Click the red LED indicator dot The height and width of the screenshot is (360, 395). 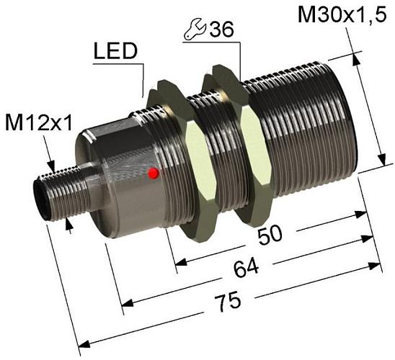tap(152, 174)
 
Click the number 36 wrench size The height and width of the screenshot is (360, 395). tap(219, 30)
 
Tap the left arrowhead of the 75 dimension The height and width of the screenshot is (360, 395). tap(81, 345)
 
